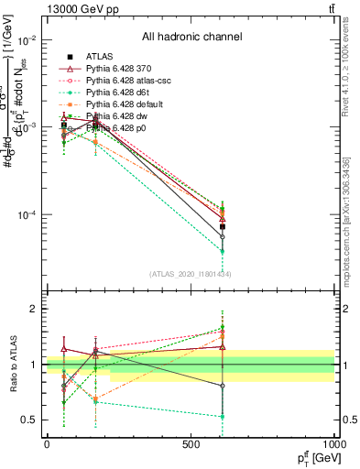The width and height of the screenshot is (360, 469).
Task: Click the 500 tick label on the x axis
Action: [x=191, y=444]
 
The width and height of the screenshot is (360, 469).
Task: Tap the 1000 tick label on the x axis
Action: [x=333, y=444]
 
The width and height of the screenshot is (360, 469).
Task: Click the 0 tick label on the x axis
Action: [x=47, y=444]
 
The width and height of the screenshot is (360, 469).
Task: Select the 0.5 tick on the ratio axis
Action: [x=29, y=420]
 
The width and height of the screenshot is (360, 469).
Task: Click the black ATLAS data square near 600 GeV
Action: [x=223, y=226]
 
